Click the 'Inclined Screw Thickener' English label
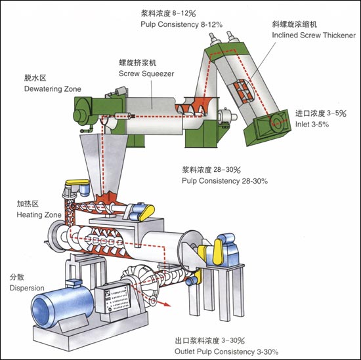[314, 35]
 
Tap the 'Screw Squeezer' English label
[146, 73]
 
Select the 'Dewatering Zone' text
[53, 89]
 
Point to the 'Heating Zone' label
[39, 214]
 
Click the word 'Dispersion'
[27, 288]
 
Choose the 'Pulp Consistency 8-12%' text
[182, 24]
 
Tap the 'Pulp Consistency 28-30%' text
[224, 181]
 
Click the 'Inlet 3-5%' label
[312, 124]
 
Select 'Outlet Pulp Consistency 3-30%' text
[226, 351]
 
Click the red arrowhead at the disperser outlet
[167, 305]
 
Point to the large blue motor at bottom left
[62, 307]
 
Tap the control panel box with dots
[114, 298]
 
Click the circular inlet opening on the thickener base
[277, 124]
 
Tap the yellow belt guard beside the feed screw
[147, 212]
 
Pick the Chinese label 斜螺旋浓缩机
[295, 24]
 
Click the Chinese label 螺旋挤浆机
[137, 62]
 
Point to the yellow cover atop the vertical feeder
[77, 182]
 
